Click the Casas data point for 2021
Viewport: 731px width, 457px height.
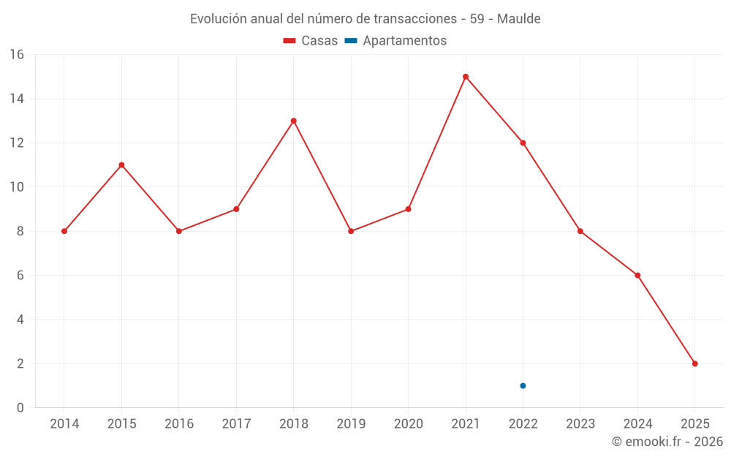pyautogui.click(x=466, y=77)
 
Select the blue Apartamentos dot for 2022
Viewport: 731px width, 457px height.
pyautogui.click(x=523, y=385)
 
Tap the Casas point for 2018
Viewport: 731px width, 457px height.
pyautogui.click(x=293, y=121)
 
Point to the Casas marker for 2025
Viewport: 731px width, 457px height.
pyautogui.click(x=694, y=363)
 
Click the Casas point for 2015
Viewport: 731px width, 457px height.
pyautogui.click(x=121, y=165)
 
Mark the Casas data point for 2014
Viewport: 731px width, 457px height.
pyautogui.click(x=64, y=231)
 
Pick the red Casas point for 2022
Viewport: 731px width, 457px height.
pyautogui.click(x=523, y=143)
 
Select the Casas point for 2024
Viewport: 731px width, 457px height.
pyautogui.click(x=637, y=276)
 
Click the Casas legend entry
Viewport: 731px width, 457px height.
pyautogui.click(x=311, y=41)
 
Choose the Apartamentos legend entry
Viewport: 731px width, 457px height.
pyautogui.click(x=395, y=41)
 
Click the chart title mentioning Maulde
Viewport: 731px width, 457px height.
pyautogui.click(x=365, y=19)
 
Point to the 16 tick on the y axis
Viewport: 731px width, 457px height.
pyautogui.click(x=17, y=55)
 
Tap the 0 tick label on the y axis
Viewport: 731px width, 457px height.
pyautogui.click(x=20, y=408)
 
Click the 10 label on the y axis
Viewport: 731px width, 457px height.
pyautogui.click(x=17, y=187)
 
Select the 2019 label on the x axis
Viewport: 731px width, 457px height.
pyautogui.click(x=351, y=424)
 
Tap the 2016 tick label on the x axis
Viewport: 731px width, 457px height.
pyautogui.click(x=179, y=424)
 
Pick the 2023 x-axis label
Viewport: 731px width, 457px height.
pyautogui.click(x=580, y=424)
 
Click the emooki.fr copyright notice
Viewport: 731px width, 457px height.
pyautogui.click(x=667, y=442)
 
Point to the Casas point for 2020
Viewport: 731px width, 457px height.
pyautogui.click(x=408, y=209)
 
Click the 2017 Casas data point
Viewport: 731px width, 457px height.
pyautogui.click(x=236, y=209)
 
